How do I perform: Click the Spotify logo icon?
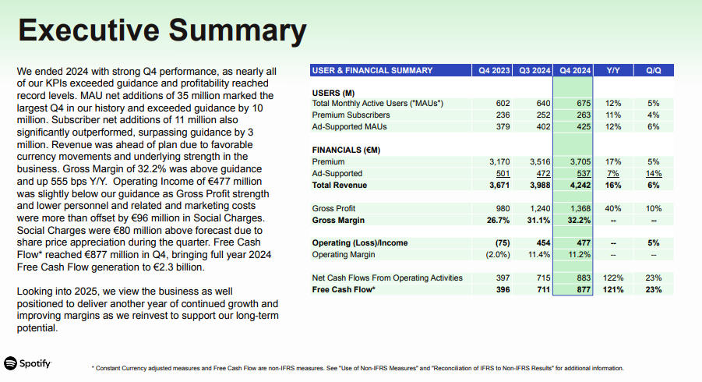pos(11,363)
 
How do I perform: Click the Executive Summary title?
pos(162,31)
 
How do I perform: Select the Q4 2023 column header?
pos(495,70)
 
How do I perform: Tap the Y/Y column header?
pos(612,70)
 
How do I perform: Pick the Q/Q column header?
pos(653,70)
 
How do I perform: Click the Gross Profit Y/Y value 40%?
pos(612,209)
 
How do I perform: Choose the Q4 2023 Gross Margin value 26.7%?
pos(496,221)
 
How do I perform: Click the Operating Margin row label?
pos(344,255)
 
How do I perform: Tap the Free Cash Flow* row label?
pos(344,290)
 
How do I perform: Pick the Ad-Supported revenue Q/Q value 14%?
pos(653,173)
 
